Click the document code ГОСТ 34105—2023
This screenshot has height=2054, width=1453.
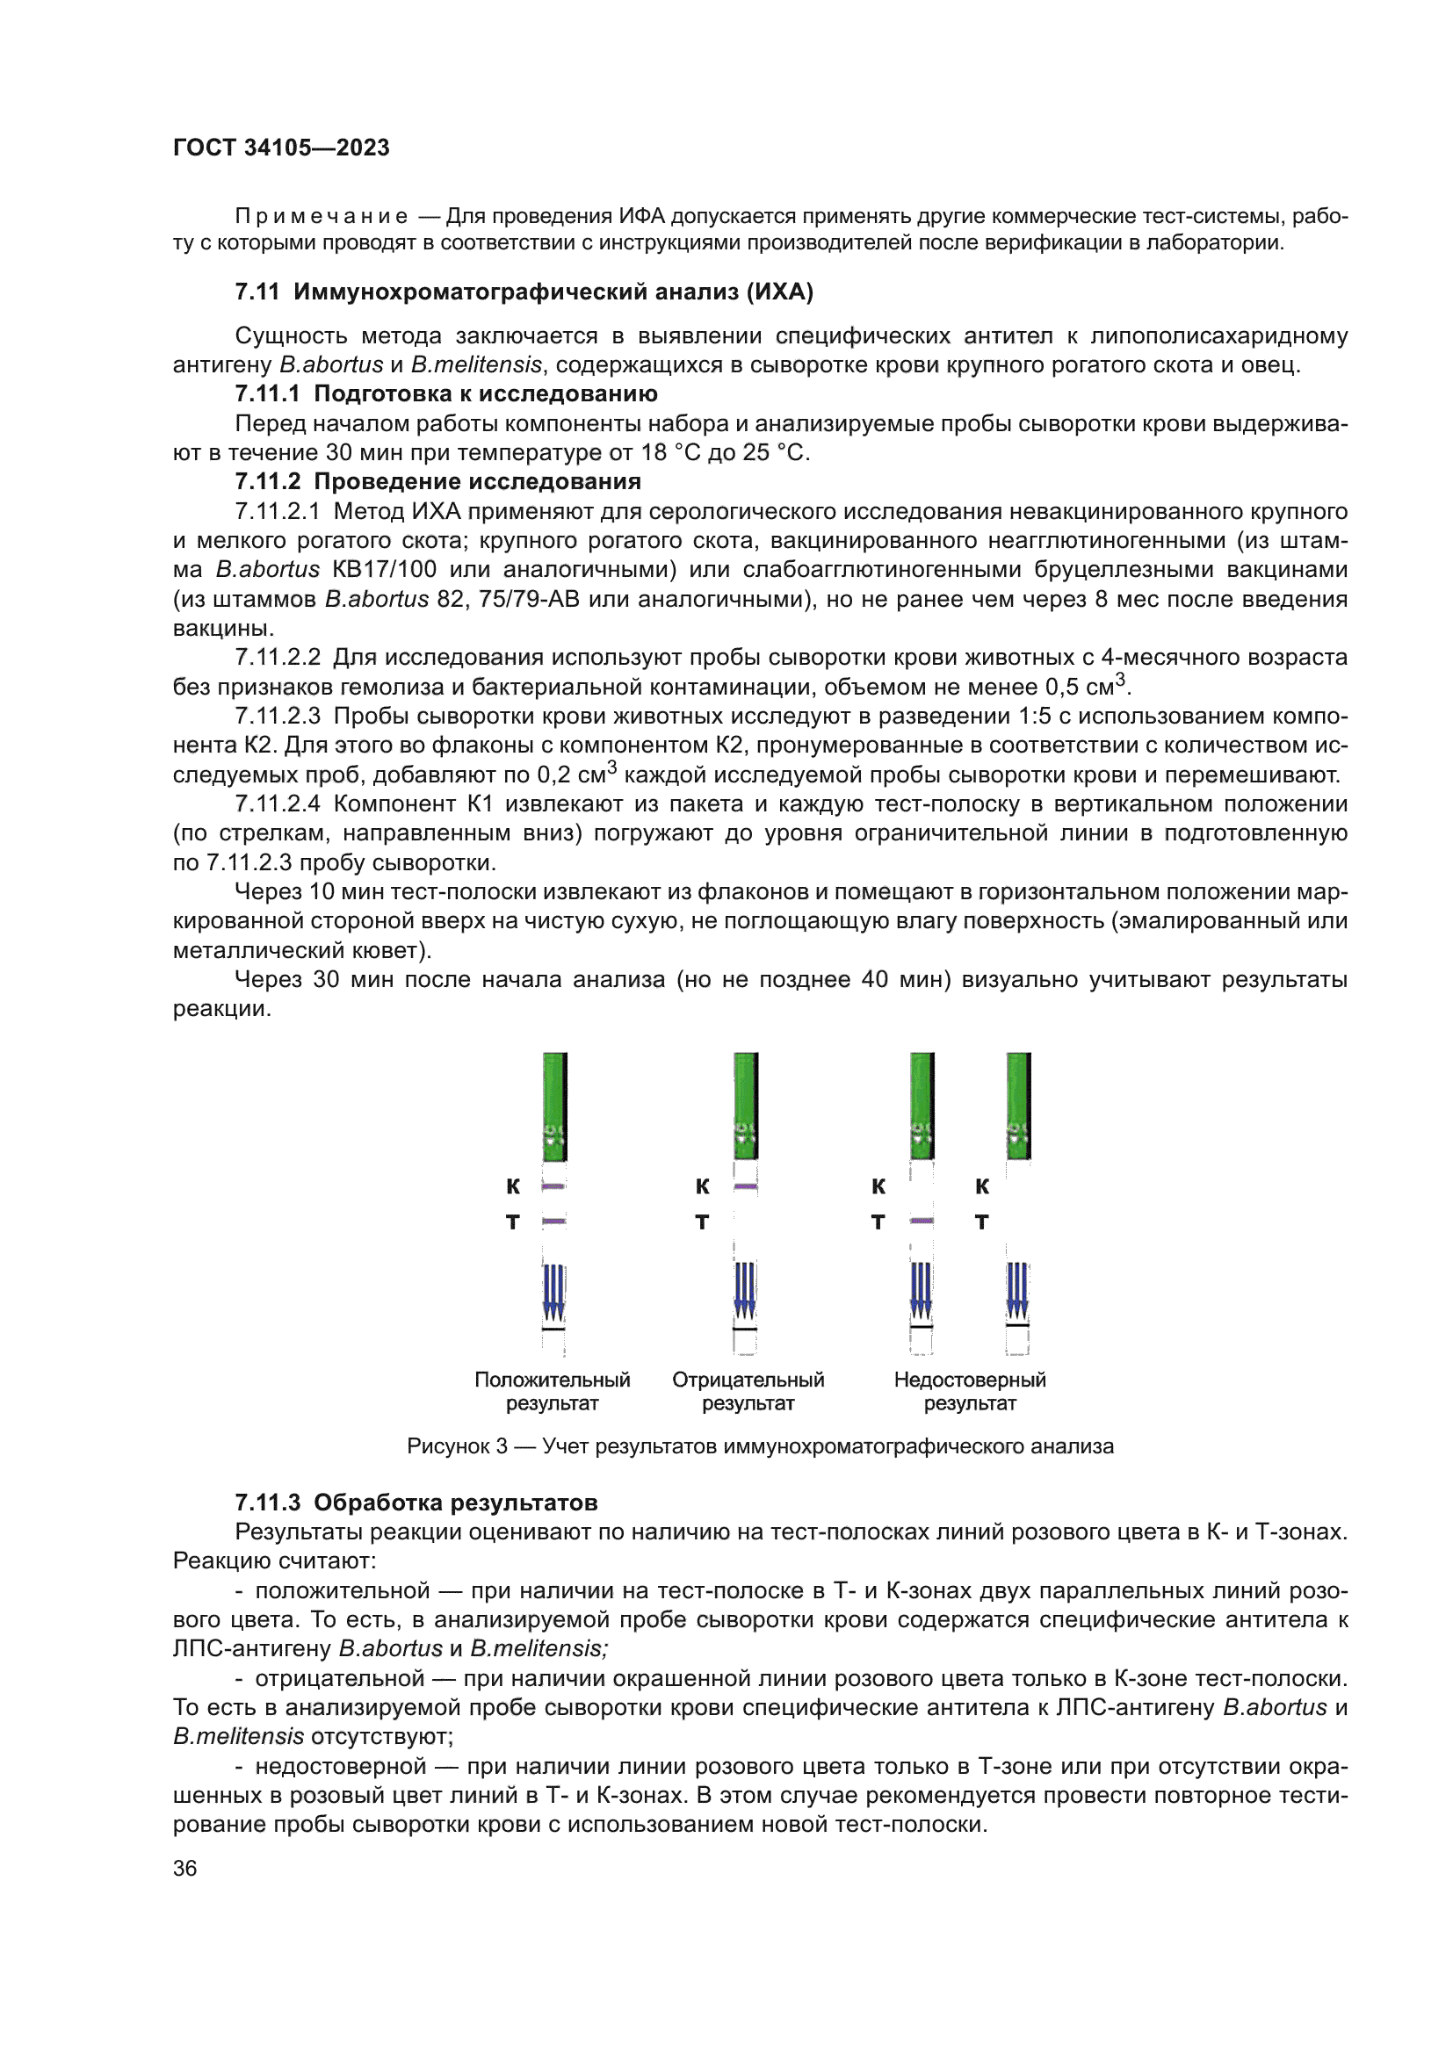(281, 148)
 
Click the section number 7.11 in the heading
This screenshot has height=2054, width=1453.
(257, 292)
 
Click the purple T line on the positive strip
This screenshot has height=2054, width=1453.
(553, 1222)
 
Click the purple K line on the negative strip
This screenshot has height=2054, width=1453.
(745, 1187)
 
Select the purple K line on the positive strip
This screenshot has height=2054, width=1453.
(553, 1187)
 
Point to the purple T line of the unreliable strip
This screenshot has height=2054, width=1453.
(922, 1222)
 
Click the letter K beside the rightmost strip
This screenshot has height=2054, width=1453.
(981, 1186)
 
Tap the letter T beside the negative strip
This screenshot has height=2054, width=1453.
(703, 1222)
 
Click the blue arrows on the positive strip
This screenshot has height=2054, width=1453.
(553, 1291)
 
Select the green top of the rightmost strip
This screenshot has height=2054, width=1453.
(1018, 1105)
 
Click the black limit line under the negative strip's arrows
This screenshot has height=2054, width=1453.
(744, 1330)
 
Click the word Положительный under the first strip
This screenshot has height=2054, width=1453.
(552, 1380)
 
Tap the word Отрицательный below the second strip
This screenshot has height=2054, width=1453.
(748, 1380)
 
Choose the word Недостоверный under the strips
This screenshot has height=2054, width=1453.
(970, 1380)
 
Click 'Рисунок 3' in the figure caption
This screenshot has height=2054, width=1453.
(456, 1446)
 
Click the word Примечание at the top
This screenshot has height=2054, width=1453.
(322, 217)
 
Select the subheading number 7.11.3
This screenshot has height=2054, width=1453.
(268, 1503)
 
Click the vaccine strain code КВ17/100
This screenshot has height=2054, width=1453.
(384, 570)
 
